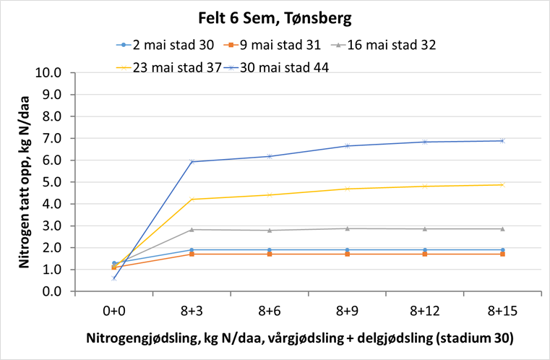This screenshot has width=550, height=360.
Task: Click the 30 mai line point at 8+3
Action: click(192, 161)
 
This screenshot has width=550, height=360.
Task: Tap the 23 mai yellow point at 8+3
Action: click(192, 199)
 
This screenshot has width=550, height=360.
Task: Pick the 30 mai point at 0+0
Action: click(114, 278)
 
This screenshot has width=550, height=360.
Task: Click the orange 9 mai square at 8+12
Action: click(424, 254)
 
